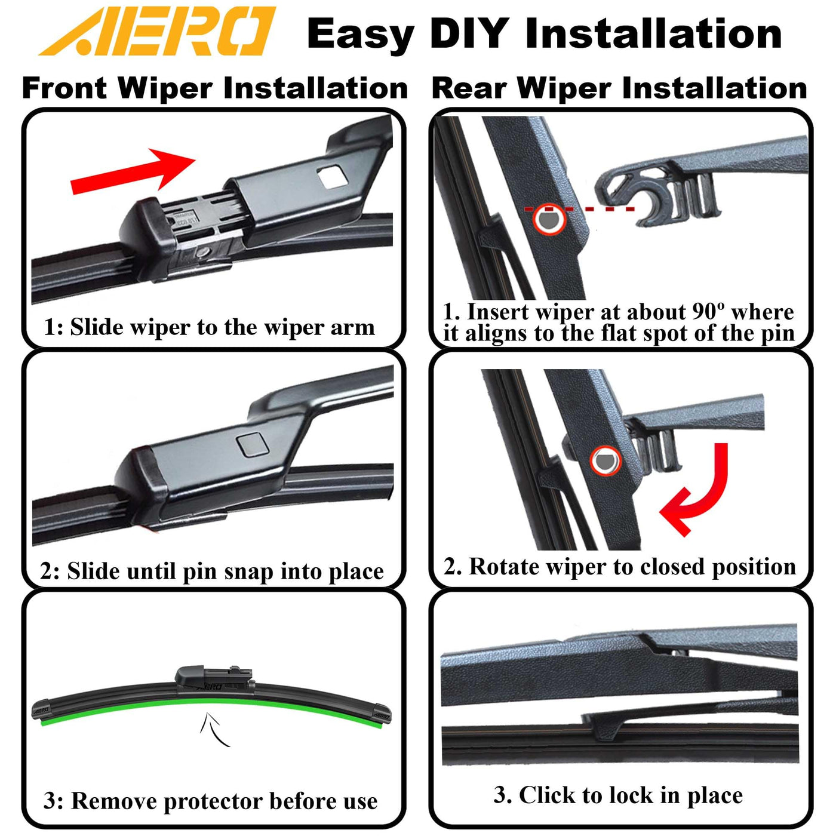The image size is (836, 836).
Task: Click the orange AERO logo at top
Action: click(x=156, y=31)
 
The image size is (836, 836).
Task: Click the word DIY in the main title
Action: click(x=469, y=34)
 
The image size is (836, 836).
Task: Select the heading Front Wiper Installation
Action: click(x=215, y=88)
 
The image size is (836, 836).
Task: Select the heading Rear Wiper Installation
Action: click(x=619, y=88)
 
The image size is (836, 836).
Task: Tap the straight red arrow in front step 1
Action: click(x=133, y=171)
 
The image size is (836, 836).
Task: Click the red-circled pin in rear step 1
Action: click(x=549, y=219)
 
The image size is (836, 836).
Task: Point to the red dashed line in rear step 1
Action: click(x=579, y=210)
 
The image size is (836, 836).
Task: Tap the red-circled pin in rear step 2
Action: click(x=606, y=461)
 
